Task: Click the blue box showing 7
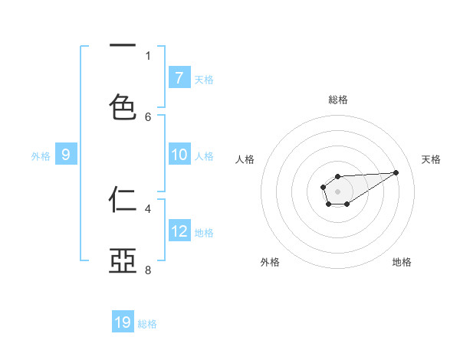(x=179, y=77)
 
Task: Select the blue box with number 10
(x=179, y=155)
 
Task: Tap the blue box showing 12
(x=179, y=231)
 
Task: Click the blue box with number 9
(x=66, y=155)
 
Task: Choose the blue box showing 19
(x=123, y=322)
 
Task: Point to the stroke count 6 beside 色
(x=148, y=116)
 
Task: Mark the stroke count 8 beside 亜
(x=148, y=270)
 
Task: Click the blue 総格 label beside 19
(x=147, y=324)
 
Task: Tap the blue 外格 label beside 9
(x=41, y=156)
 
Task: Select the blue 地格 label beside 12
(x=204, y=233)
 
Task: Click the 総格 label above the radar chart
(x=337, y=100)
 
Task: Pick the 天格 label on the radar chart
(x=431, y=159)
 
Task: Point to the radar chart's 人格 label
(x=245, y=159)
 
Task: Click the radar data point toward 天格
(x=396, y=172)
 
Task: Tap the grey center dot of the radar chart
(x=337, y=190)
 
